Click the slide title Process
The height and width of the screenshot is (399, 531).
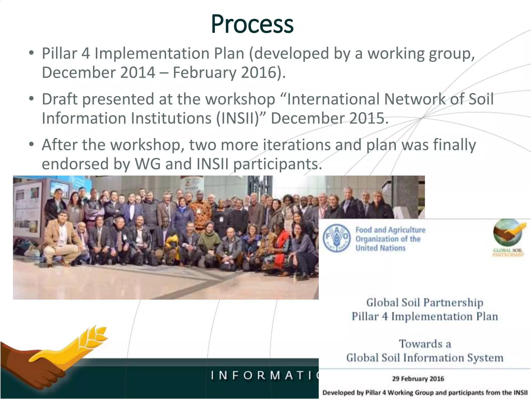[x=252, y=24]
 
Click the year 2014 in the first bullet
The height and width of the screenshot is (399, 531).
[x=137, y=72]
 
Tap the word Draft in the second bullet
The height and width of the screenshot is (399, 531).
[x=59, y=99]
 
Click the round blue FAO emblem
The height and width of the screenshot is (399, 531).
[x=336, y=239]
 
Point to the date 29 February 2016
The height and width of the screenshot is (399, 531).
[x=418, y=379]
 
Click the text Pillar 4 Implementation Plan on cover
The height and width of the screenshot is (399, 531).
[x=425, y=316]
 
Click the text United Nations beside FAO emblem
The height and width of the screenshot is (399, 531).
[x=380, y=248]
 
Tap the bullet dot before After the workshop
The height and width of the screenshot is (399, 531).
[x=32, y=144]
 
